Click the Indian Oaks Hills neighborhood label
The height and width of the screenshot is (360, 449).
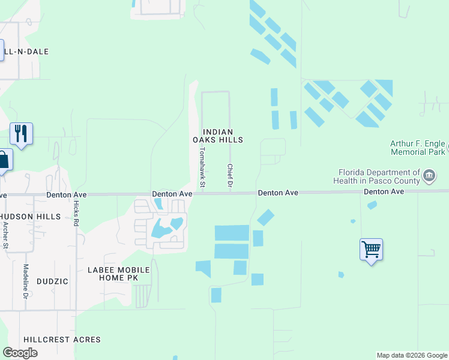coord(217,136)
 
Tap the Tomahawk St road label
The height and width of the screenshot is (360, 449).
coord(203,167)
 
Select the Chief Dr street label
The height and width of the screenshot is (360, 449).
coord(229,174)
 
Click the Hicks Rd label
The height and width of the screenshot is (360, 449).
coord(76,213)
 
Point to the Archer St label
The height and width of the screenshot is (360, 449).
coord(6,235)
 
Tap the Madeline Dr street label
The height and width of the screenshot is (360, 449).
coord(26,281)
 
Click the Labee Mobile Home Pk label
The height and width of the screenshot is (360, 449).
coord(118,274)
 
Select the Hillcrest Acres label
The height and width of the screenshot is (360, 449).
coord(62,340)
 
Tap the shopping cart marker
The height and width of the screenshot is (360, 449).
coord(371,249)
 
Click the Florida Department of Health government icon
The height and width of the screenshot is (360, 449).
coord(430,176)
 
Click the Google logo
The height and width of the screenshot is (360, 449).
coord(20,352)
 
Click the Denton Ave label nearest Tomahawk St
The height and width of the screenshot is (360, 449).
coord(172,194)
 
